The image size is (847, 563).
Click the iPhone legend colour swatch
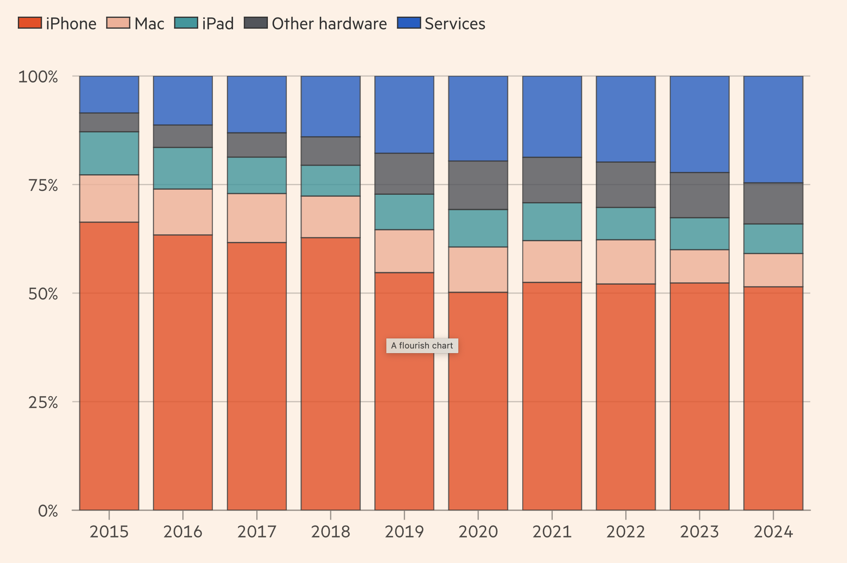29,23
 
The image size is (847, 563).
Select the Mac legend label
149,24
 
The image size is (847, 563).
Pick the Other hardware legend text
329,24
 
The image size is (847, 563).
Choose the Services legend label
455,24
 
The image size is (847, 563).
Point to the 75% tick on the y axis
43,185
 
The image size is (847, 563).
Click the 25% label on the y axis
43,402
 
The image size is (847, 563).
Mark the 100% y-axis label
38,77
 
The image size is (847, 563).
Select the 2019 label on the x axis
404,532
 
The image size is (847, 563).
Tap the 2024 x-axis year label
773,532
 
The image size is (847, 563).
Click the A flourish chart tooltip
422,345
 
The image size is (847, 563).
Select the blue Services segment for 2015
109,94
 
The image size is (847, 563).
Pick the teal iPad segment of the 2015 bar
109,153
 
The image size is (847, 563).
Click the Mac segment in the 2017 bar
257,218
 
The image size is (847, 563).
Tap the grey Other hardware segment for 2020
478,185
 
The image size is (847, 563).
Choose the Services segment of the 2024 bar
773,129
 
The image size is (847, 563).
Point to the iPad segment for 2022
626,223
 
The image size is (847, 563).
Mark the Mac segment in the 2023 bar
700,266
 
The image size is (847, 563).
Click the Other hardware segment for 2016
183,136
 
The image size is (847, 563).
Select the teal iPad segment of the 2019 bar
404,212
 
